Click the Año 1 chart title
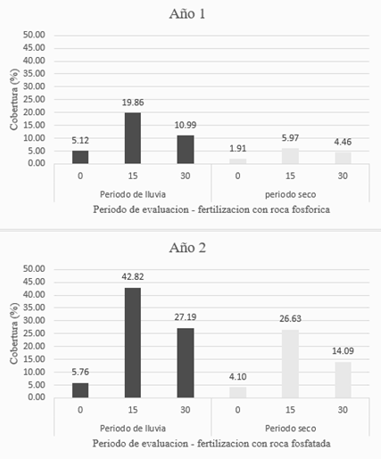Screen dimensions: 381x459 [x=187, y=14]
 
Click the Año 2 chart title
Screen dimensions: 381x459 [x=187, y=248]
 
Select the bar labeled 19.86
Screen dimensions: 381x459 [x=133, y=138]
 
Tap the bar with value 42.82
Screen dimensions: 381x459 [x=133, y=342]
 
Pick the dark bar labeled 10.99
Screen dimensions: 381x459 [x=186, y=150]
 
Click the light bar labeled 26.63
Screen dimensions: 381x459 [x=290, y=364]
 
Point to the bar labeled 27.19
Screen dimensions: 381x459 [x=186, y=363]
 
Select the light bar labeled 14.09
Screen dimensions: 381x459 [x=343, y=380]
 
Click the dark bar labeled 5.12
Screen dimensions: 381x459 [x=80, y=157]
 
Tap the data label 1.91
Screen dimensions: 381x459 [x=237, y=149]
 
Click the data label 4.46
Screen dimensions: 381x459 [x=343, y=142]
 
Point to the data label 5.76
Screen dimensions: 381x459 [x=80, y=372]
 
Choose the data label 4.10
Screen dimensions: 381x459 [x=237, y=377]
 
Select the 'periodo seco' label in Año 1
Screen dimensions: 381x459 [x=290, y=194]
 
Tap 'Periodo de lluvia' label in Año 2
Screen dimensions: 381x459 [x=133, y=429]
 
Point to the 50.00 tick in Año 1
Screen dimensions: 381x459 [x=34, y=35]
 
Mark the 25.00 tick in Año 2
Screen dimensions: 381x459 [x=34, y=333]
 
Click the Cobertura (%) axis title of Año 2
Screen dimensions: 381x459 [x=14, y=333]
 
